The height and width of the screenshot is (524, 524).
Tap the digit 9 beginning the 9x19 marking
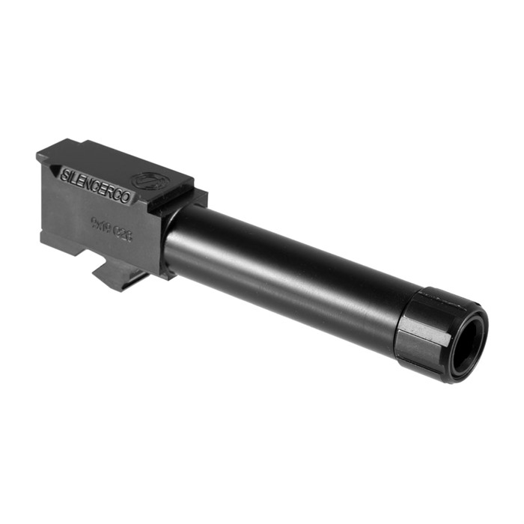[x=94, y=221]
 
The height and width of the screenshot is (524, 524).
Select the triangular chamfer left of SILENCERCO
[x=54, y=170]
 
